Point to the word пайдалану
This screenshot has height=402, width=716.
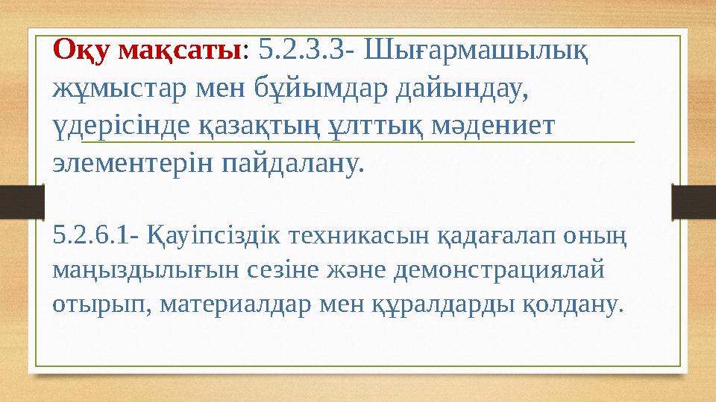point(292,162)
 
